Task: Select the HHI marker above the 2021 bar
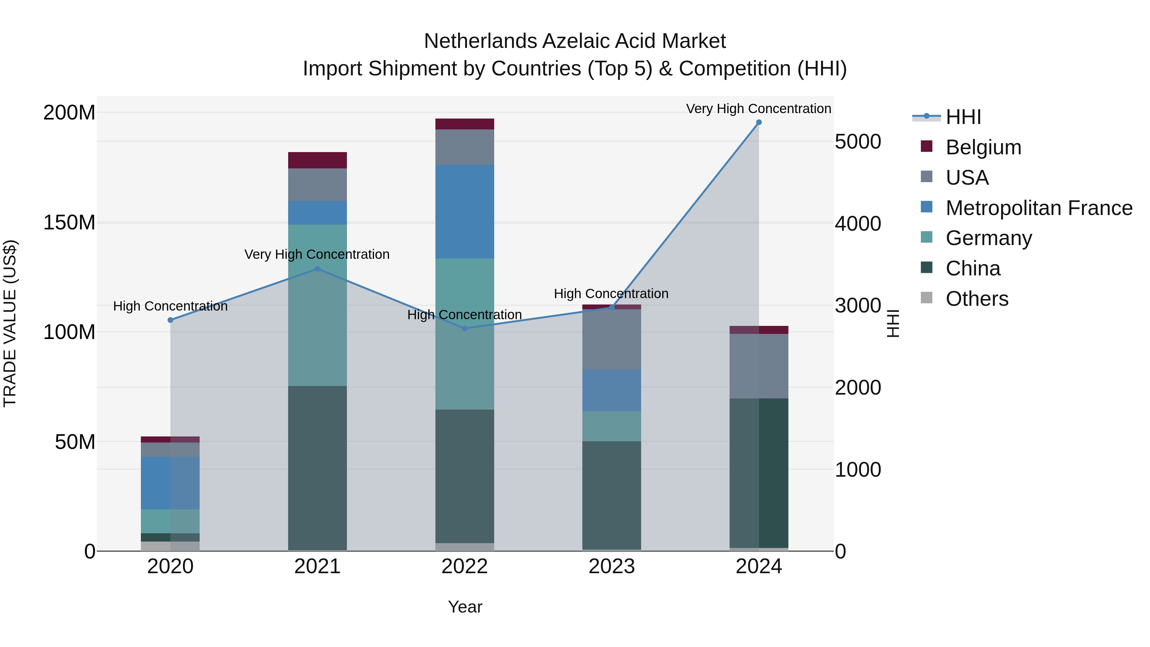tap(318, 269)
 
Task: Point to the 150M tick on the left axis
tap(69, 222)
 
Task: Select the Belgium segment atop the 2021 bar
tap(318, 160)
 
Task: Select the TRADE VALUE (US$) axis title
tap(10, 323)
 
